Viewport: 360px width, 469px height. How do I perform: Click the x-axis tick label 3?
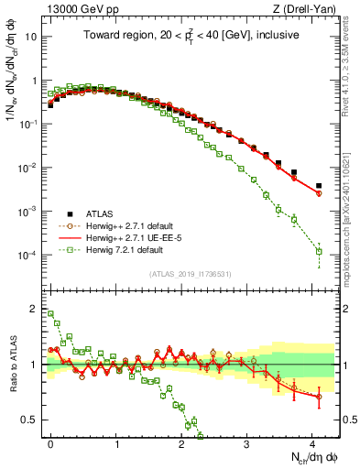pos(247,442)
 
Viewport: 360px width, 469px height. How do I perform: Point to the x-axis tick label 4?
pos(312,442)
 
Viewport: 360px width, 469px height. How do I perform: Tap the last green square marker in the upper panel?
pos(319,251)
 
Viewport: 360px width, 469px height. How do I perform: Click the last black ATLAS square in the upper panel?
pos(319,185)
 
